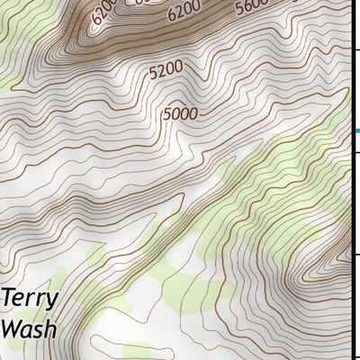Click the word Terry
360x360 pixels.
(31, 300)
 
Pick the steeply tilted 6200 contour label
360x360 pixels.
(104, 12)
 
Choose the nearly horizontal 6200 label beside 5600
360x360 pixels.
(184, 12)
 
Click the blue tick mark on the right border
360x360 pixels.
(356, 131)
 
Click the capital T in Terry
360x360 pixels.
(9, 298)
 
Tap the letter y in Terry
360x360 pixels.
(53, 302)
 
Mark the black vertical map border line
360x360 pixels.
(351, 180)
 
